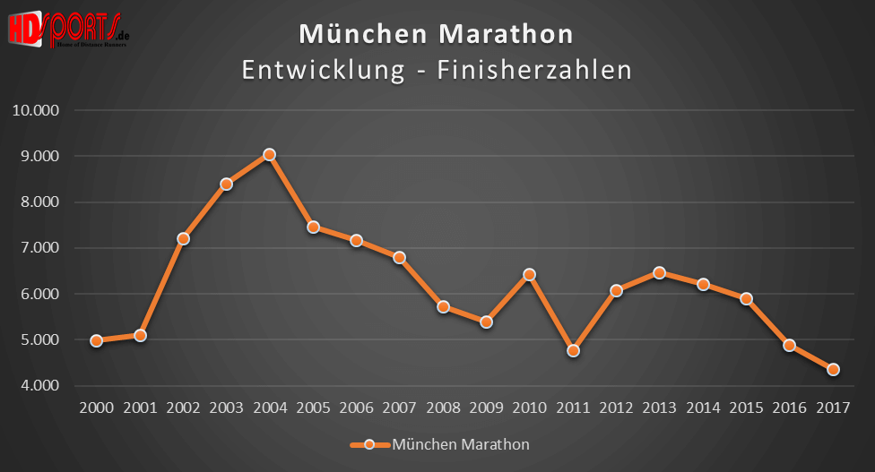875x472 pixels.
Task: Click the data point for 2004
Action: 270,154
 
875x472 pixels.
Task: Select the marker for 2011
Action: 573,350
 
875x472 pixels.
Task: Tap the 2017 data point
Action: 833,369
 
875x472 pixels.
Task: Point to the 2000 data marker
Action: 97,340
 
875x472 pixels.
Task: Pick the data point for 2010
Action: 530,274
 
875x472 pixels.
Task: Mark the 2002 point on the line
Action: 183,238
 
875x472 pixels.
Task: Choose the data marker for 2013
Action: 660,272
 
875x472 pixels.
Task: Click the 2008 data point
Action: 443,306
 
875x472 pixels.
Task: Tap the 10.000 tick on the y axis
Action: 35,110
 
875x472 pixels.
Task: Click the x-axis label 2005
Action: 313,408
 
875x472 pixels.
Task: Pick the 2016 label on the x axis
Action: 789,408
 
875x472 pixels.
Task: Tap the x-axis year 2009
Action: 486,408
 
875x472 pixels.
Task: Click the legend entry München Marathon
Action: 461,444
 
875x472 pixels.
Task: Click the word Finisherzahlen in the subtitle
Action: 534,70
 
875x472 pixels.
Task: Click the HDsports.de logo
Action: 68,27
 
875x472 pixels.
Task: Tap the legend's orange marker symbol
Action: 368,444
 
